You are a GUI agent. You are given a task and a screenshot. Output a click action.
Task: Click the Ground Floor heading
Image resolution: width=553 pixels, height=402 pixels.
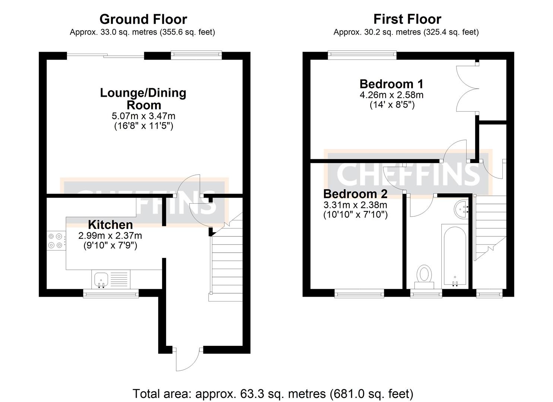143,19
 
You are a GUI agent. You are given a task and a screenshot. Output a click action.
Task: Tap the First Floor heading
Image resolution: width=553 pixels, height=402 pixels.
407,19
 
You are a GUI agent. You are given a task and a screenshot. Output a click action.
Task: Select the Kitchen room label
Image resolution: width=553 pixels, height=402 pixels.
110,224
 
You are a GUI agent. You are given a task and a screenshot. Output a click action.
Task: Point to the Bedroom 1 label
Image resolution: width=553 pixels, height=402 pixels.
391,84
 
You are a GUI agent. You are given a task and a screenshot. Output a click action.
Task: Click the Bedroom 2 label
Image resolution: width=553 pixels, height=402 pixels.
355,194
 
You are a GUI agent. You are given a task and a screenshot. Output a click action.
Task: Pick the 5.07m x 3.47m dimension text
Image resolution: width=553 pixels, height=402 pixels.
143,116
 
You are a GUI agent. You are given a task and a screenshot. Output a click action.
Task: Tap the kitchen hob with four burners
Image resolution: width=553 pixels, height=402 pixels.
56,240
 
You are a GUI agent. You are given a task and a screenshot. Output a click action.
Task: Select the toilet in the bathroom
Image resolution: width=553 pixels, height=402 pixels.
424,277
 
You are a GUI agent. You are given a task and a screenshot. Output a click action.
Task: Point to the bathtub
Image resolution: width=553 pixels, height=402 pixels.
455,257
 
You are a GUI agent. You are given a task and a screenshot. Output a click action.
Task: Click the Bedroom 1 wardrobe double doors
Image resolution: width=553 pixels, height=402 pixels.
468,89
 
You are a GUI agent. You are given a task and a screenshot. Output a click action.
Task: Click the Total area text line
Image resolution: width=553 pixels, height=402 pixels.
273,394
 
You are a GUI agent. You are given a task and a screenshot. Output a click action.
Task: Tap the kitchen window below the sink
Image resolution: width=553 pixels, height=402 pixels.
111,294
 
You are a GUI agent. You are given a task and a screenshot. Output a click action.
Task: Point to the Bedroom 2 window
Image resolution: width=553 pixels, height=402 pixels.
359,294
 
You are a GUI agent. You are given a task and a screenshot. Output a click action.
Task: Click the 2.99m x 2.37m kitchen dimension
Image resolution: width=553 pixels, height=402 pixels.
110,236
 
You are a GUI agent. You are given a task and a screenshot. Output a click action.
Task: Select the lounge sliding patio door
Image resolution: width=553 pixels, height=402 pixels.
105,56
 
